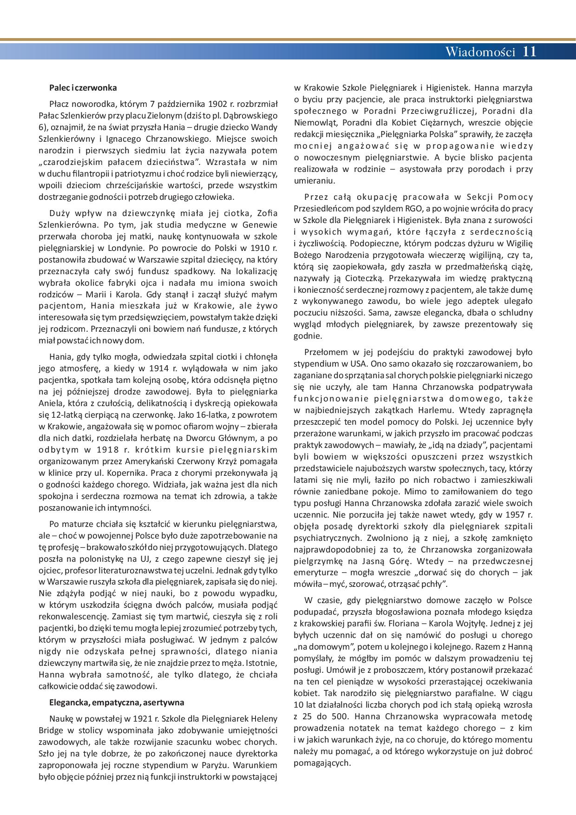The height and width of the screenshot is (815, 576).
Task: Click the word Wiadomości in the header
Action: [x=480, y=52]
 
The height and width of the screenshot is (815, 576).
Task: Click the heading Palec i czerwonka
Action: [x=83, y=88]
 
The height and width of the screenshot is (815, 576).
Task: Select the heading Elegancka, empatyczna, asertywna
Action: [x=117, y=702]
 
